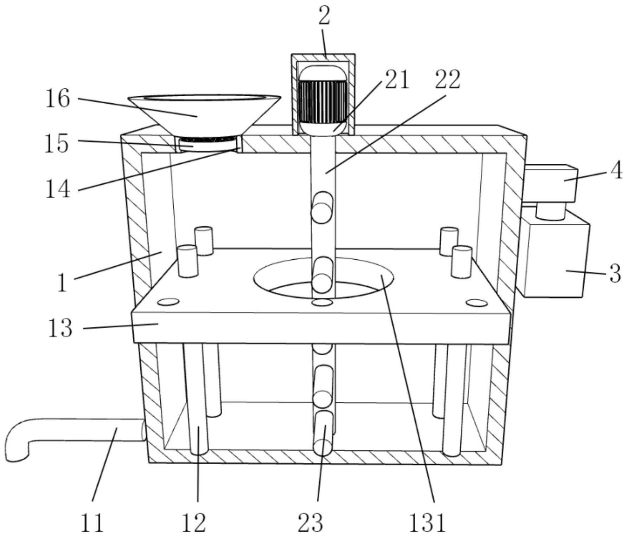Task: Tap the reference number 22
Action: coord(447,80)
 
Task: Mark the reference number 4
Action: coord(616,172)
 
